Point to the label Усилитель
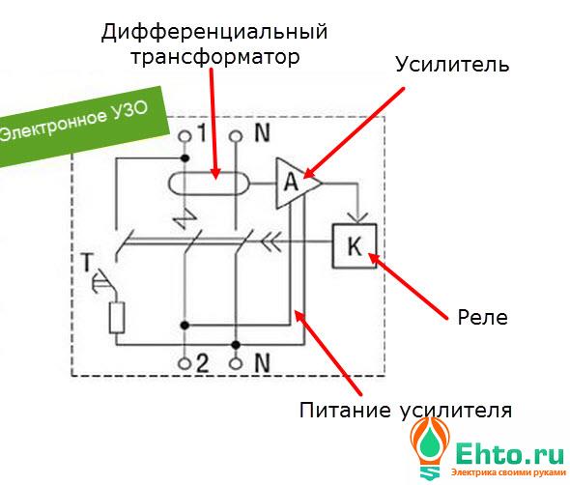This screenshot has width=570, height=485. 452,65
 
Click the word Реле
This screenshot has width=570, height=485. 482,318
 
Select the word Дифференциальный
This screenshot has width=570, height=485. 214,32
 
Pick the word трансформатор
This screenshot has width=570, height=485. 215,57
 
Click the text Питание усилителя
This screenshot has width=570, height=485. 406,410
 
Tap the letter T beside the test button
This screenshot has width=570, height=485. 87,262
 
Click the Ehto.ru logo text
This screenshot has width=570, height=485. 509,454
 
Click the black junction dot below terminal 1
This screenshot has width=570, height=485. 185,158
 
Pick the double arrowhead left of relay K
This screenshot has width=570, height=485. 271,242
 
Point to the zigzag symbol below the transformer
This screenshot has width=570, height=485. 185,219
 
